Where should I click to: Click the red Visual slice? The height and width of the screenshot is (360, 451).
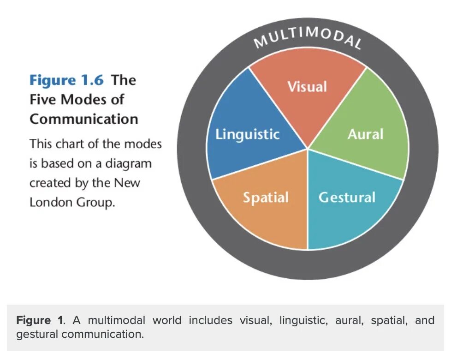click(307, 106)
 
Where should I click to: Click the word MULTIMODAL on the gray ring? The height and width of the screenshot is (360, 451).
click(308, 39)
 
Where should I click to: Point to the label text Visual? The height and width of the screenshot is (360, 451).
click(307, 87)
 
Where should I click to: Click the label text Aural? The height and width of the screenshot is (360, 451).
click(365, 134)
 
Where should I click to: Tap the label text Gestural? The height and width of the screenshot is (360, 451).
click(347, 198)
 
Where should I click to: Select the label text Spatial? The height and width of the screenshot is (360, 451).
click(266, 198)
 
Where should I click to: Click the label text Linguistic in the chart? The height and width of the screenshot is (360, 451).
click(248, 134)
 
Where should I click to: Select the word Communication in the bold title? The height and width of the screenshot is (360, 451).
click(84, 119)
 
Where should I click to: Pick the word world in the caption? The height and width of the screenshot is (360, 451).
click(167, 320)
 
